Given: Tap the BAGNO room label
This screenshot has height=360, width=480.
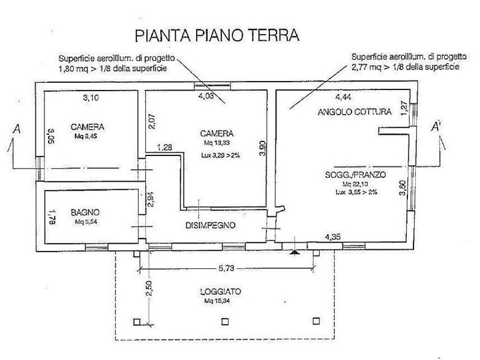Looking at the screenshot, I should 85,212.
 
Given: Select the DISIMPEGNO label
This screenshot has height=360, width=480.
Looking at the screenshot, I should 209,226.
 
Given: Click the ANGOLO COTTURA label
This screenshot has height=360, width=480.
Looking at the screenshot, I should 355,112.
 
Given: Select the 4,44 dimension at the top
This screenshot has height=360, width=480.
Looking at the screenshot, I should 343,97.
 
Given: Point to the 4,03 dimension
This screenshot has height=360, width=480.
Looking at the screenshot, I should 206,95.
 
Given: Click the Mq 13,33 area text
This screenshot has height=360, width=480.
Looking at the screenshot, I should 218,144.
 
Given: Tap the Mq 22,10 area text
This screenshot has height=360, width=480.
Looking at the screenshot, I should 355,184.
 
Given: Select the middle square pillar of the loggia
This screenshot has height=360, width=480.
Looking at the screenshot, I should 224,321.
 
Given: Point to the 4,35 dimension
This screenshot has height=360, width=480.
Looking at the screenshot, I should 332,236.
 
